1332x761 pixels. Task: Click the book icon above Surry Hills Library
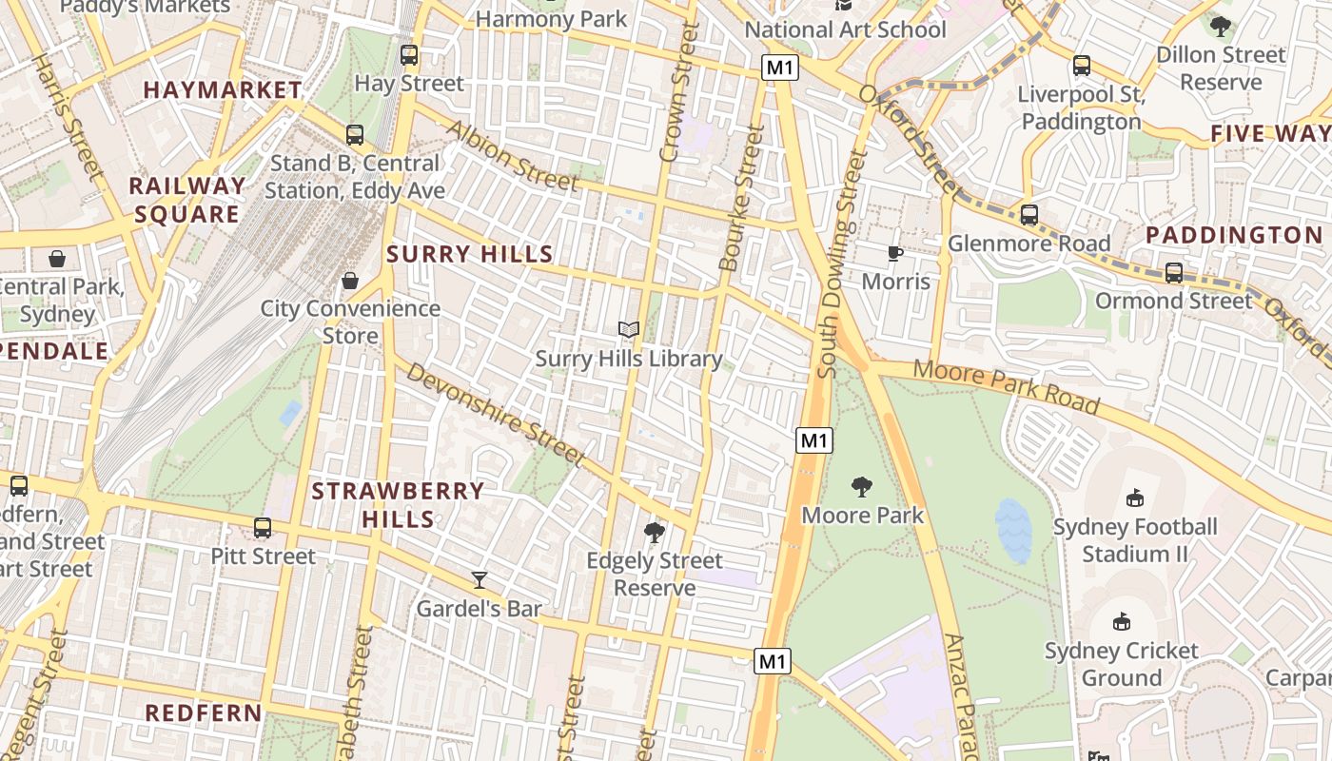click(x=628, y=330)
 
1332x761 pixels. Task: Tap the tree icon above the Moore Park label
click(x=862, y=487)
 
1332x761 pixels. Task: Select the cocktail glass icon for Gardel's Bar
click(x=480, y=579)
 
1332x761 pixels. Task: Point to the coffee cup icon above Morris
click(x=894, y=253)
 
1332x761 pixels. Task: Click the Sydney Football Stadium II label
click(x=1135, y=539)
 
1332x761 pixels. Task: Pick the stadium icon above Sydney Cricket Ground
click(x=1122, y=622)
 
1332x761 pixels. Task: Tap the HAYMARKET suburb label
click(x=223, y=90)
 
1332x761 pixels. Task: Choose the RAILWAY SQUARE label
click(x=186, y=200)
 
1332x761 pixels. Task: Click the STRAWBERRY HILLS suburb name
click(x=399, y=505)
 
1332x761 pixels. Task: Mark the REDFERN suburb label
click(x=204, y=712)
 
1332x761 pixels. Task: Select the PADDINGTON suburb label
click(x=1233, y=235)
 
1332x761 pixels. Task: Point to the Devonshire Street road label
click(x=495, y=414)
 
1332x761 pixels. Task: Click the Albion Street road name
click(x=511, y=155)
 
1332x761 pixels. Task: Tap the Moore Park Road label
click(x=1006, y=386)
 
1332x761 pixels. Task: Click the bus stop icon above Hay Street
click(x=409, y=55)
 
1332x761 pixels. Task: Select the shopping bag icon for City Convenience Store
click(x=350, y=281)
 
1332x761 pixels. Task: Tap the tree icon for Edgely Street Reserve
click(x=654, y=532)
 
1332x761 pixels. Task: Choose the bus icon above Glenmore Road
click(x=1028, y=215)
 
